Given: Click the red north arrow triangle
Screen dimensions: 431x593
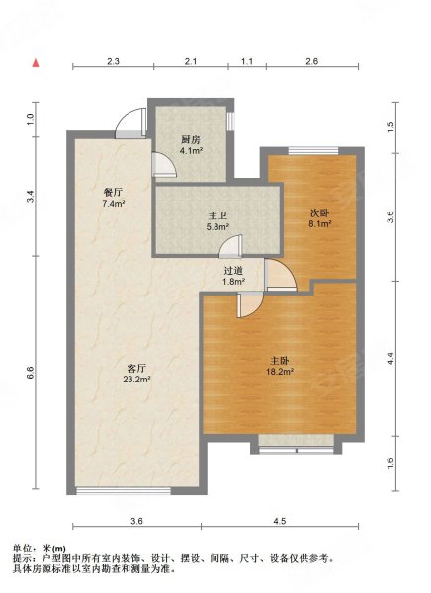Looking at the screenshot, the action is tap(36, 63).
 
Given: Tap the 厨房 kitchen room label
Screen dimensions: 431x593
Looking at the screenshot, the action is tap(191, 140).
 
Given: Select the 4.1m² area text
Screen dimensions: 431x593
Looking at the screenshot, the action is tap(191, 151).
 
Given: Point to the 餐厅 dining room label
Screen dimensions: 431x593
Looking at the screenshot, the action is tap(113, 193).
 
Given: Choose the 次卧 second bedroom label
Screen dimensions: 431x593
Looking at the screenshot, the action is tap(319, 212).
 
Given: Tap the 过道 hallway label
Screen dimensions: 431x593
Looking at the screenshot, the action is tap(233, 271).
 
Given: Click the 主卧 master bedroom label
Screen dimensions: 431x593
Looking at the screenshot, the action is tap(280, 361).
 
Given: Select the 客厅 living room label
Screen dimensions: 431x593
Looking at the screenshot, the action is tap(136, 368).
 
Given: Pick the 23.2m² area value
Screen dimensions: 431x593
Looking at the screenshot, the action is tap(136, 379).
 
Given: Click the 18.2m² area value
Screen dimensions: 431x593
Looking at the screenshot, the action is tap(280, 372).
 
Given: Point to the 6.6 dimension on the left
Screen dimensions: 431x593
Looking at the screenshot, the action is tap(31, 373).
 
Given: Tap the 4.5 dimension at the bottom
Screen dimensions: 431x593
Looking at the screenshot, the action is tap(280, 521).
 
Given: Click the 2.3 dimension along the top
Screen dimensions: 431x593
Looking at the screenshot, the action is tap(113, 61).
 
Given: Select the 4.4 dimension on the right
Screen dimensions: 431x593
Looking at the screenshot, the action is tap(390, 358).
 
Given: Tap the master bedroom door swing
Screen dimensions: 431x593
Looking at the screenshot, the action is tap(250, 304).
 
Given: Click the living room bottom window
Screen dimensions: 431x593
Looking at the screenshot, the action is tap(124, 491).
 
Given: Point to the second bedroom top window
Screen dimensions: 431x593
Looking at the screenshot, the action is tap(313, 151).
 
